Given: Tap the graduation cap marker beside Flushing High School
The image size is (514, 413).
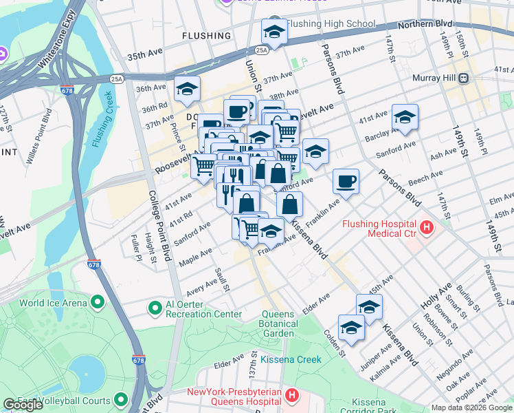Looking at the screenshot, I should (274, 32).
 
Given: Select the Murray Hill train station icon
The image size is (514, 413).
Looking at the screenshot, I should (465, 78).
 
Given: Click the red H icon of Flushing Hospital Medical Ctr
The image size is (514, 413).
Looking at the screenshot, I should (427, 226).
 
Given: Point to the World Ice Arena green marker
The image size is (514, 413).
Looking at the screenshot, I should (97, 302).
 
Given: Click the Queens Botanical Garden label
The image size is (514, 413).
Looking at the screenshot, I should (279, 324).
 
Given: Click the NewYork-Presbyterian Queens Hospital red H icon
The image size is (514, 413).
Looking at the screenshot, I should (292, 396).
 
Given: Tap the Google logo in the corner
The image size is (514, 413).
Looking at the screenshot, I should (23, 405).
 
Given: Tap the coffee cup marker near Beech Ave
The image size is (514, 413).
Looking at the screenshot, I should (346, 182).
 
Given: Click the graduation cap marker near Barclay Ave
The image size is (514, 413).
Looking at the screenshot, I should (405, 118).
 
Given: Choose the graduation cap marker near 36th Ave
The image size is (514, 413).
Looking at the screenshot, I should (186, 89).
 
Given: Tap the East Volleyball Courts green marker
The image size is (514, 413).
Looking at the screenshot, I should (122, 400).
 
